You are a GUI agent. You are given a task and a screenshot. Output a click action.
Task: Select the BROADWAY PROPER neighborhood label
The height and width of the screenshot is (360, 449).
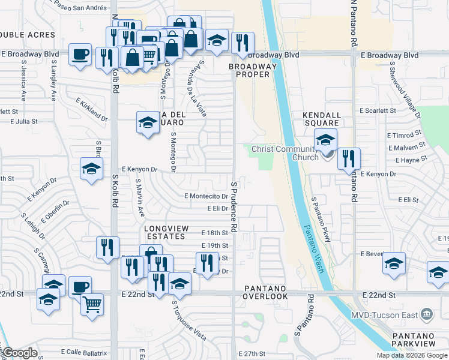[x=256, y=70]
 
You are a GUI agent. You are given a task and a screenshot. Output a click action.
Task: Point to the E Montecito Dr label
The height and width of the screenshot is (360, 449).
[x=206, y=196]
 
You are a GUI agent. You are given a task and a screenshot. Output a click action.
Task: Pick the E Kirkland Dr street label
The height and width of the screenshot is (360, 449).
[x=92, y=110]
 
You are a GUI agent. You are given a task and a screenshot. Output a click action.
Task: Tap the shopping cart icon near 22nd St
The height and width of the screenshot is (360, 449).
[x=92, y=304]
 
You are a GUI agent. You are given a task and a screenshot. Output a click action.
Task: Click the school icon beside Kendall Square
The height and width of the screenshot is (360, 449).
[x=325, y=140]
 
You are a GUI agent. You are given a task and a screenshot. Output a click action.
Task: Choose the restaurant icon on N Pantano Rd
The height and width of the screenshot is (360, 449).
[x=349, y=159]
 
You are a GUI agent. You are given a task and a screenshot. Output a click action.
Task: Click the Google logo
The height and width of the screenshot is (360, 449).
[x=19, y=353]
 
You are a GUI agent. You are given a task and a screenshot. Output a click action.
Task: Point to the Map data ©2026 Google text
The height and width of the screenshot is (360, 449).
[x=411, y=355]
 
